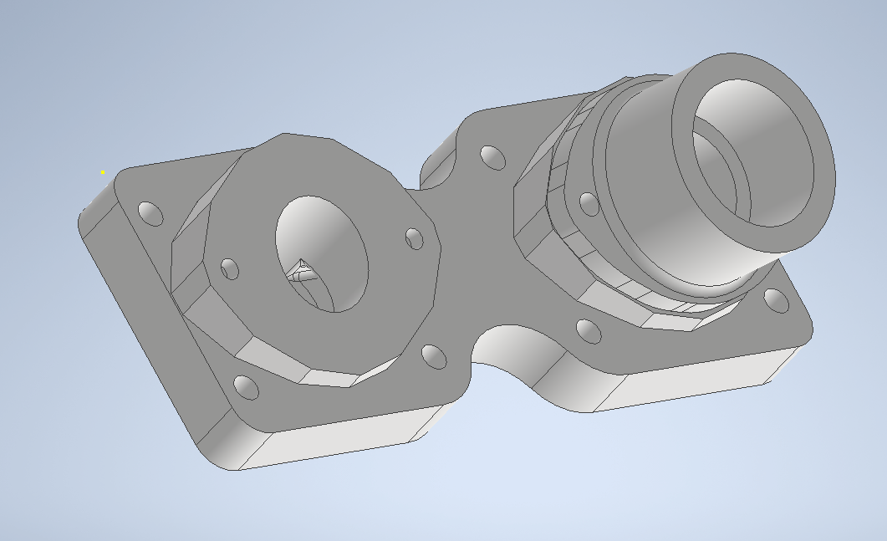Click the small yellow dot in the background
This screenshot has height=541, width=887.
(x=103, y=172)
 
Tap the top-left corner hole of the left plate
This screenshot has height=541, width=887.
(x=151, y=213)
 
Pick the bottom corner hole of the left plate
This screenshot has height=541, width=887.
(x=246, y=387)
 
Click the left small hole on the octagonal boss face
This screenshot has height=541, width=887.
(x=230, y=269)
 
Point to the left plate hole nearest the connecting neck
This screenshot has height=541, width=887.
(x=434, y=356)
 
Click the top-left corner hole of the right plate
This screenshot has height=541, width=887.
(x=492, y=156)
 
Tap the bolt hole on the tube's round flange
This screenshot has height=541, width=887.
(x=589, y=203)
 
